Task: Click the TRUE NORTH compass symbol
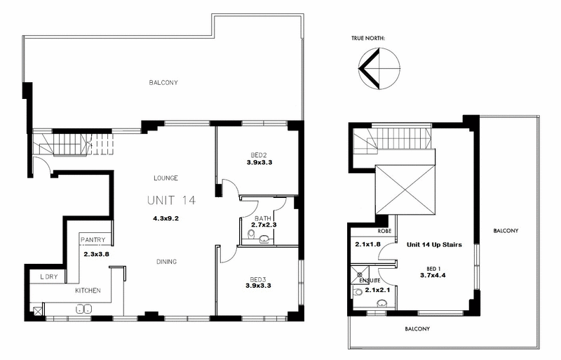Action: coord(379,69)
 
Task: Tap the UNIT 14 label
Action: coord(171,201)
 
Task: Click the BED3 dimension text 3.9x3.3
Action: coord(259,286)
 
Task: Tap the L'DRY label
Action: coord(48,276)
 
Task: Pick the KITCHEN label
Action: coord(88,291)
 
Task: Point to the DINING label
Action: coord(166,262)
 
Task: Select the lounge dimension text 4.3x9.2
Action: coord(167,219)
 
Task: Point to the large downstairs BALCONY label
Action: coord(163,83)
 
